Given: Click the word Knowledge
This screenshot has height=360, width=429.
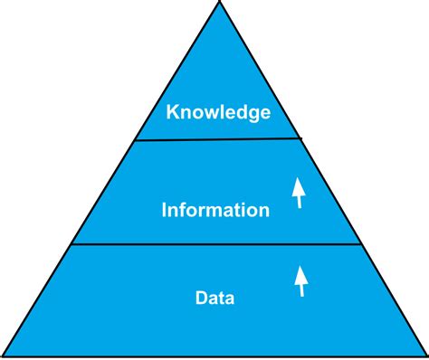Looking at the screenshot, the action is pos(218,114).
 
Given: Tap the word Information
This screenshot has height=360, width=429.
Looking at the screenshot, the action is pos(215,211).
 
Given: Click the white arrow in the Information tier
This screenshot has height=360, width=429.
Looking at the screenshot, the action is pos(298,193).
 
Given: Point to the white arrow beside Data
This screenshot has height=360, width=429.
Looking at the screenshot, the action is pos(300,280).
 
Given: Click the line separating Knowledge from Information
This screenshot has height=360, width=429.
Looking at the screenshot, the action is pos(217,139).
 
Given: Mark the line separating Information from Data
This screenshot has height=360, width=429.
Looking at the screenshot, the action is pos(217,244).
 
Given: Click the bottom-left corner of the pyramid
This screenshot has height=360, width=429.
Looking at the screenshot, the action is pos(5,355).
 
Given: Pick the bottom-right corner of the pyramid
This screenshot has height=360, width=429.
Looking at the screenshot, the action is pos(425,355).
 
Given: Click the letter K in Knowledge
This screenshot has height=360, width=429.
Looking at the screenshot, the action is pos(171,113).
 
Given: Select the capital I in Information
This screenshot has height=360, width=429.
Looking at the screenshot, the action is pos(164,211).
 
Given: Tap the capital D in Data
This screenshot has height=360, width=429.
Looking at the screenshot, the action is pos(200,296).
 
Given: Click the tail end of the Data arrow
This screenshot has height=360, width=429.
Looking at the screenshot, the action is pos(301,294).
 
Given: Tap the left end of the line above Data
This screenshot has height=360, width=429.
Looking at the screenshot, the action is pos(72,244).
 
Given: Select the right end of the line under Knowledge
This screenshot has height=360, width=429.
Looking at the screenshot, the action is pos(300,138).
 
